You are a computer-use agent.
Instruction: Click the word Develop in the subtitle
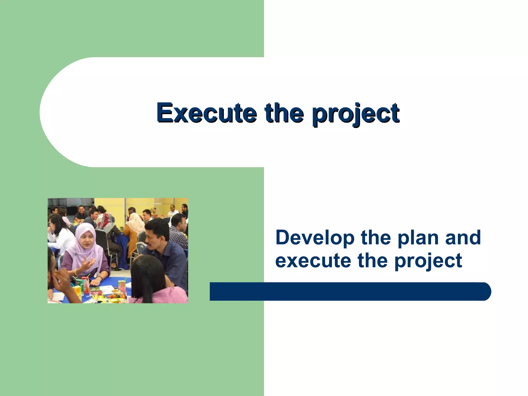[315, 238]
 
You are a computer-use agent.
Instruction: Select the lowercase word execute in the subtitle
[313, 260]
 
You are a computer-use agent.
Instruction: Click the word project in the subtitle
[428, 261]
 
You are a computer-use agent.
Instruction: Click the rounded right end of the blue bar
[485, 291]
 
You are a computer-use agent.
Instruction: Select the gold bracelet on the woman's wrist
[76, 272]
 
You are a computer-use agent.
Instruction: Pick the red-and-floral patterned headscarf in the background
[105, 220]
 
